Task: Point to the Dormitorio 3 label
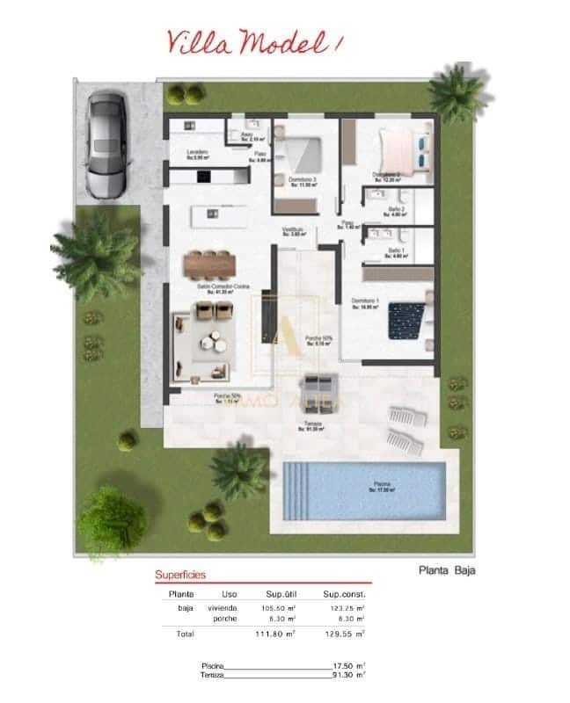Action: pyautogui.click(x=302, y=180)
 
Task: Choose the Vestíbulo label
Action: pyautogui.click(x=293, y=231)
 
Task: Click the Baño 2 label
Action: pyautogui.click(x=395, y=210)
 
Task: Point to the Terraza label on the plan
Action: pyautogui.click(x=312, y=425)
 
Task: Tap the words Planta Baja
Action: pyautogui.click(x=448, y=569)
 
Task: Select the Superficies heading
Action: pyautogui.click(x=180, y=575)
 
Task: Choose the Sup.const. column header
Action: pyautogui.click(x=342, y=594)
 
